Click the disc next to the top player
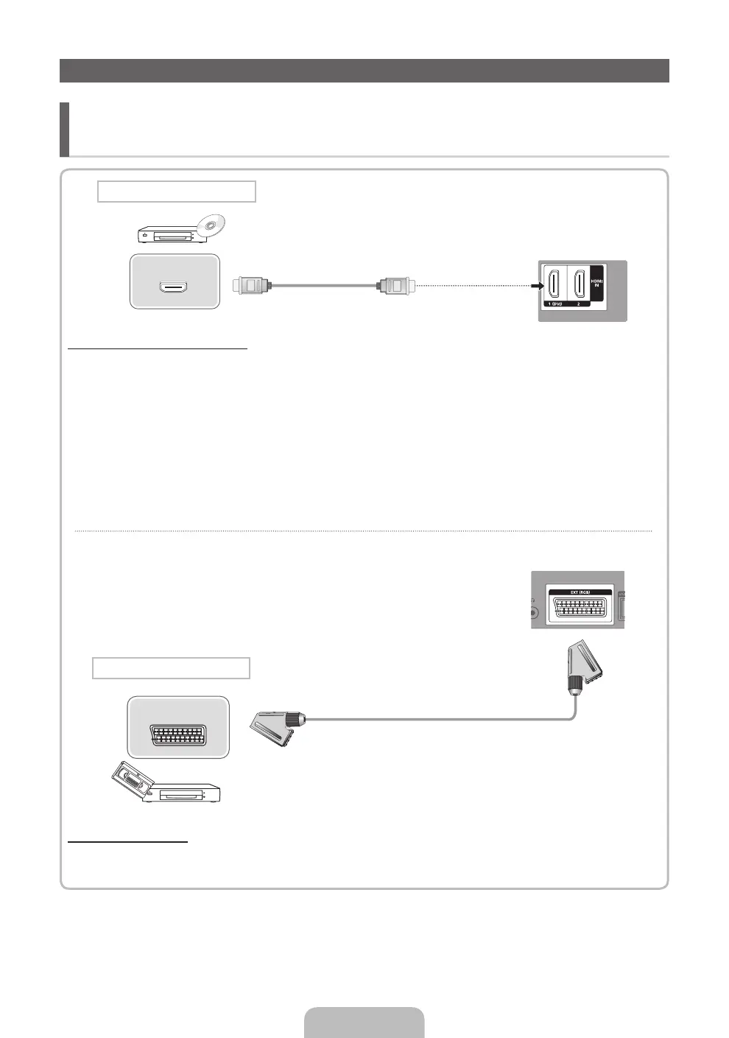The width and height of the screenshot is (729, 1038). [211, 225]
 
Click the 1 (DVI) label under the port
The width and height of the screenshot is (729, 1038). [553, 303]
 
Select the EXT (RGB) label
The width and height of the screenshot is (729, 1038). [580, 592]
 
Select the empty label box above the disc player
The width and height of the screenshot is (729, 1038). [177, 192]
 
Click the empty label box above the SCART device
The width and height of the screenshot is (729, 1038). [171, 668]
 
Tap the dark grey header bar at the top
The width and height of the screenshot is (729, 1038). [364, 71]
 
